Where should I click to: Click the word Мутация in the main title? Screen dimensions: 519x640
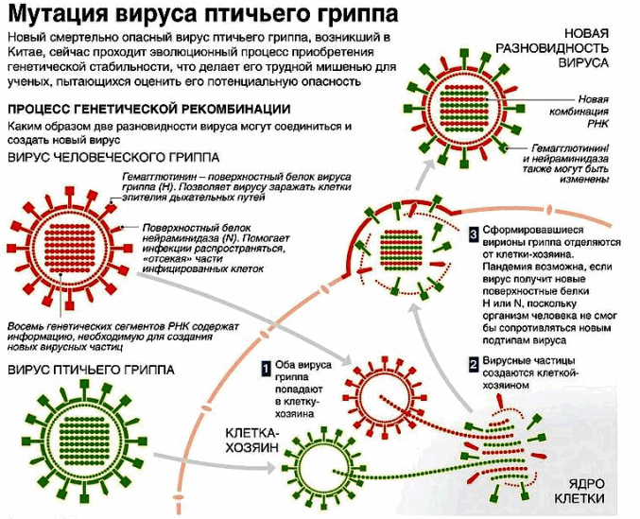pyautogui.click(x=56, y=15)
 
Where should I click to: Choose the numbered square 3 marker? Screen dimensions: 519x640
pyautogui.click(x=474, y=232)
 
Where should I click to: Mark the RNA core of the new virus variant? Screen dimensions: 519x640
pyautogui.click(x=471, y=101)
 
